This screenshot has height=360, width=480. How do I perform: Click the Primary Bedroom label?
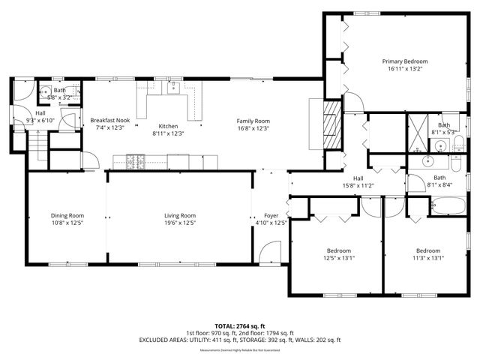[x=405, y=61]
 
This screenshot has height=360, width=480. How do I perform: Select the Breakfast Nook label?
[x=111, y=120]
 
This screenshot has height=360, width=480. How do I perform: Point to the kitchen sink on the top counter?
[x=172, y=87]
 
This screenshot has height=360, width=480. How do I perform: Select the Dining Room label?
[x=67, y=215]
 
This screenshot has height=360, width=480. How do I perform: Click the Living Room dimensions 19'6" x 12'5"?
[x=180, y=223]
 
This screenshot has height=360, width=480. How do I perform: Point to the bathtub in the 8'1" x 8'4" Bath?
[x=449, y=207]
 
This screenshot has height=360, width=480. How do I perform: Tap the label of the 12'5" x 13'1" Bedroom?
[x=338, y=250]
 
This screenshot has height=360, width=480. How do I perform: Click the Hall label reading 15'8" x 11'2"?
[x=358, y=185]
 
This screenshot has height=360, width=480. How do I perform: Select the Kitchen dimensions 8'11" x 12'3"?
[x=168, y=133]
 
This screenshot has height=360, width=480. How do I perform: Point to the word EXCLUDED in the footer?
[x=156, y=340]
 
